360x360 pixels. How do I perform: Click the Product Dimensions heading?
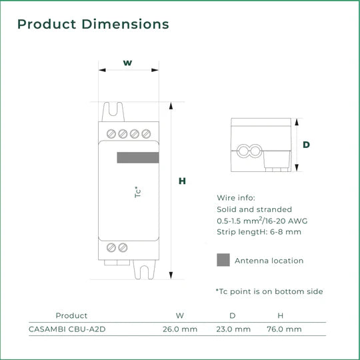coord(93,24)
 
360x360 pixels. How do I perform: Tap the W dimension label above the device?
coord(127,63)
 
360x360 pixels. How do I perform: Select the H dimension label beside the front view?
coord(182,181)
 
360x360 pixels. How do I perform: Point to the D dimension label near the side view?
coord(306,145)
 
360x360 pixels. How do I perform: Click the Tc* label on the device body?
coord(137,192)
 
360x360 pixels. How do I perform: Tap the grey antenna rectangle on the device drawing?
coord(138,157)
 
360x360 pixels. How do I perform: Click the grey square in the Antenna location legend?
coord(223,260)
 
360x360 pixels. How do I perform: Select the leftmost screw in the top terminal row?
coord(111,133)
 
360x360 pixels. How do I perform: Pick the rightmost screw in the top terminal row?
coord(146,133)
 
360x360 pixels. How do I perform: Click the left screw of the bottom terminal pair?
coord(111,247)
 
